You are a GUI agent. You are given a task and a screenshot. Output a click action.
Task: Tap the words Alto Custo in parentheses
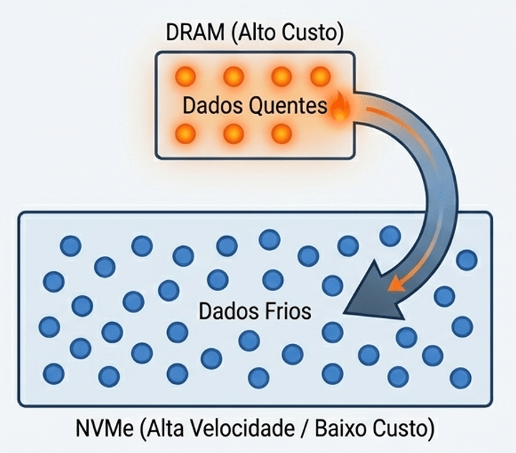[x=285, y=32]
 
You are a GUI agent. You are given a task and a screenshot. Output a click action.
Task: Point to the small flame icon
[x=338, y=107]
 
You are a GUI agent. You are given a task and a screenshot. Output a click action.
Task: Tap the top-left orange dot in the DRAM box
[x=186, y=75]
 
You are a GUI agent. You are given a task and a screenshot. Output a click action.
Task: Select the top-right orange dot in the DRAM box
[x=320, y=75]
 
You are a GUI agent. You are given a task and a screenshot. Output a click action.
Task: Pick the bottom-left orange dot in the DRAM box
[x=186, y=133]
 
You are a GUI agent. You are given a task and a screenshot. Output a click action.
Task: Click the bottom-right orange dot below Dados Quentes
[x=282, y=133]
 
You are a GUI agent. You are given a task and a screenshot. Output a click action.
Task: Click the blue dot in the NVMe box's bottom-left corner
[x=54, y=373]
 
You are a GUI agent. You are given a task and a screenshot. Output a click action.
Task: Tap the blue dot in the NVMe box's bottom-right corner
[x=460, y=377]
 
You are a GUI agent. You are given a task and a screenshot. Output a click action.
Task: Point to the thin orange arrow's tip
[x=391, y=288]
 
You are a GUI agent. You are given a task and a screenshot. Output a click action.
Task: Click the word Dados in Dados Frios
[x=224, y=312]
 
